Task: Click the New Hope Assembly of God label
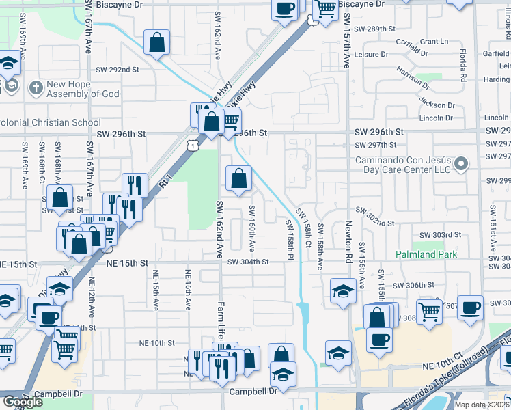(82, 90)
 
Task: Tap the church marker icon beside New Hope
(36, 87)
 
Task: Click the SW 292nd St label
(118, 70)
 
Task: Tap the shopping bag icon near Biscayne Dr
(157, 42)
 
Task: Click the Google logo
(23, 402)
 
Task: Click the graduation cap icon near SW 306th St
(342, 291)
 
